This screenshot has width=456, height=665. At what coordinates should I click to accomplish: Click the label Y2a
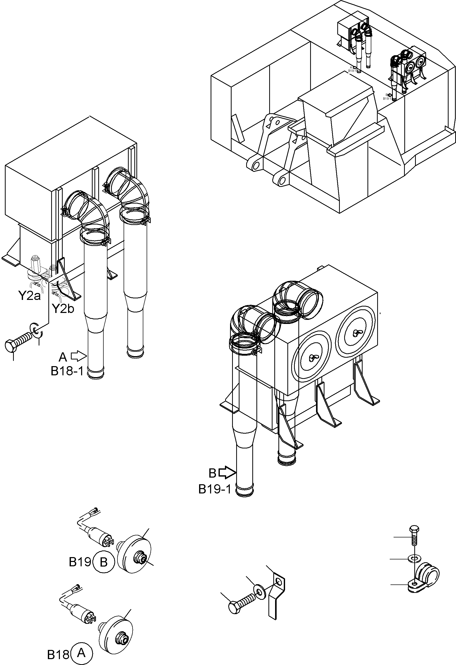29,296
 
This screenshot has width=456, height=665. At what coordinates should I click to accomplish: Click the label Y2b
63,308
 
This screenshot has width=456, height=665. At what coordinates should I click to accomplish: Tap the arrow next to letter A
79,356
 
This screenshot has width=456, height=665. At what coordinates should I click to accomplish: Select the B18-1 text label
67,371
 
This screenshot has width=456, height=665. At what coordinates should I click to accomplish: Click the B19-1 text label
214,489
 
